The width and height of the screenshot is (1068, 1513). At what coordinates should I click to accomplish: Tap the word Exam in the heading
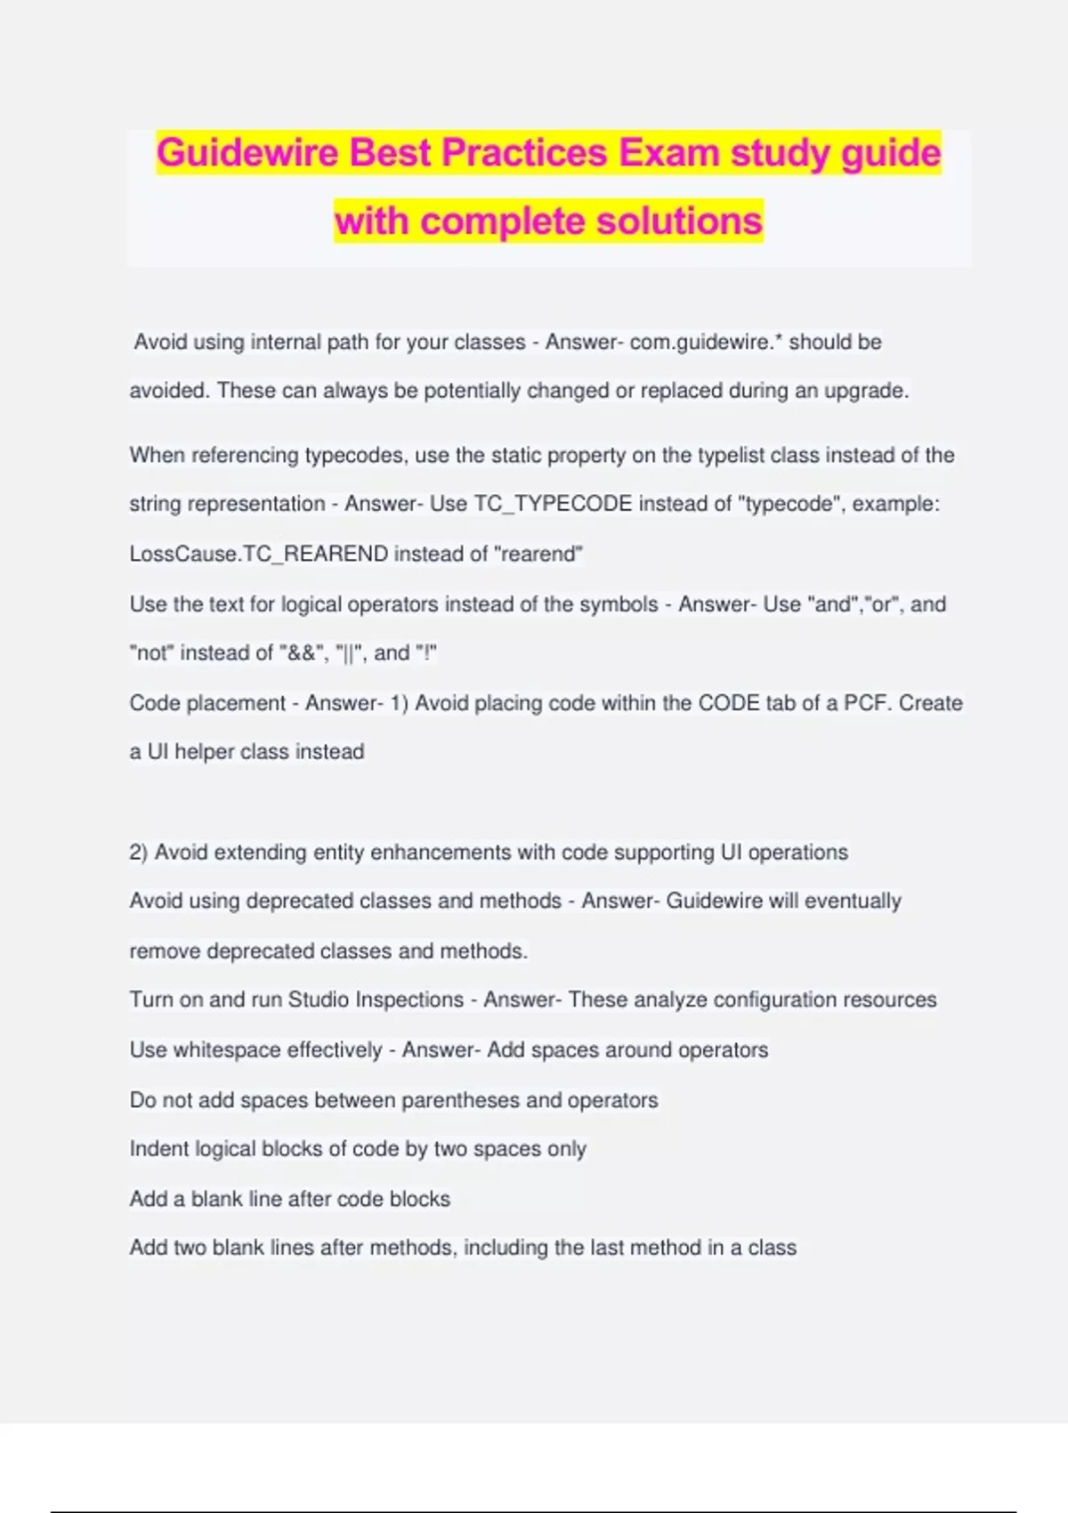(669, 153)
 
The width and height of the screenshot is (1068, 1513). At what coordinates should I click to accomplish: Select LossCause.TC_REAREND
(259, 554)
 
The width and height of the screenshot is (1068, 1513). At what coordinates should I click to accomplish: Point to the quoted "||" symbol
(349, 653)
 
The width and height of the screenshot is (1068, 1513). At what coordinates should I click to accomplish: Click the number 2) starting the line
(138, 853)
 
